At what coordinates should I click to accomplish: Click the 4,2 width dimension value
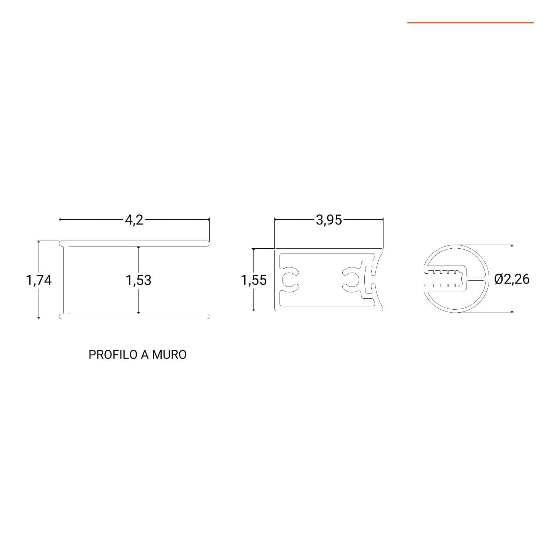tap(134, 220)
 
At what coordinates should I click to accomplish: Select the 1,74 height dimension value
tap(39, 280)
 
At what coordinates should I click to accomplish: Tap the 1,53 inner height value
tap(138, 280)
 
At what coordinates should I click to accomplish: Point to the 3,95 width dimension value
tap(329, 220)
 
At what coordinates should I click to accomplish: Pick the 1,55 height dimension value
tap(254, 280)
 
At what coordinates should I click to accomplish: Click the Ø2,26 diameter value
tap(512, 279)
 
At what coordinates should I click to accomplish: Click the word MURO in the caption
tap(169, 354)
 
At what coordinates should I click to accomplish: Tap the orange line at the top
tap(470, 23)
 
